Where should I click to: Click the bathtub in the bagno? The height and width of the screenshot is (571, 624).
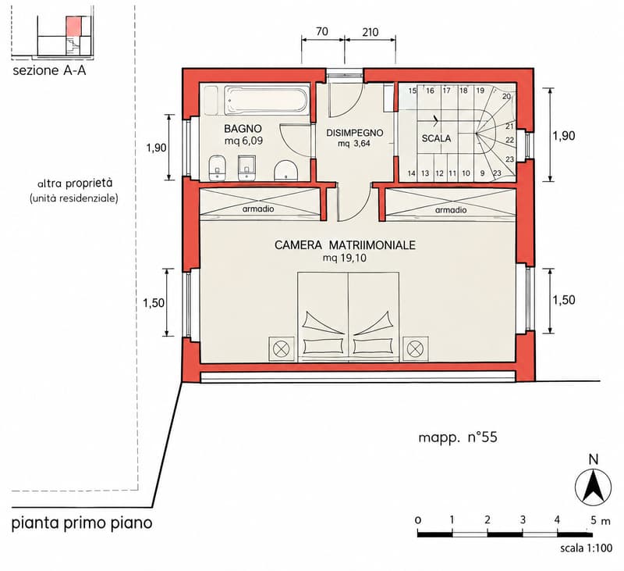(267, 101)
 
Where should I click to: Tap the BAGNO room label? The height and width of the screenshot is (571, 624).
(243, 129)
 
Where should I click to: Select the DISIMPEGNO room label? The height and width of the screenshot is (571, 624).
(355, 133)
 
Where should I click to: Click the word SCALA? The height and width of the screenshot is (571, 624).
(436, 138)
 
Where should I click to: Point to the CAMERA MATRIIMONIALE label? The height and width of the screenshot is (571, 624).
(345, 244)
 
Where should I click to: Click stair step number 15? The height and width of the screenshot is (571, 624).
(412, 91)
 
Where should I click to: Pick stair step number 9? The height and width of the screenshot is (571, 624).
(482, 173)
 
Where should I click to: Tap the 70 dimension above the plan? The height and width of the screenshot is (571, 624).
(322, 31)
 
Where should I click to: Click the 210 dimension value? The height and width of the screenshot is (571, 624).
(370, 32)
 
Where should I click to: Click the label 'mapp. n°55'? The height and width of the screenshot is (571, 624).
(458, 437)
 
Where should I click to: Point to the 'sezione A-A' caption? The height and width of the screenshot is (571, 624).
(49, 71)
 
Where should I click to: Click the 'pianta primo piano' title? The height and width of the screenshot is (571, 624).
(82, 523)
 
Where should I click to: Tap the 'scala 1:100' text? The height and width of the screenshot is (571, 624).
(587, 548)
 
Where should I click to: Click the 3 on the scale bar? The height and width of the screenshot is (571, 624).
(523, 519)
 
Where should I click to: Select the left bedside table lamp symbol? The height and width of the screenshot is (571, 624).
(282, 349)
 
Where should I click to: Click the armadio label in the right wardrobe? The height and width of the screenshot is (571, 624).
(451, 210)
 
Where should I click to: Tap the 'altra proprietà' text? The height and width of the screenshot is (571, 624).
(75, 184)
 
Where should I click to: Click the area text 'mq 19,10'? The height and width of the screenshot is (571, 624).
(345, 259)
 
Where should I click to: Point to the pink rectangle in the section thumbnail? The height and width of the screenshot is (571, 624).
(73, 27)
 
